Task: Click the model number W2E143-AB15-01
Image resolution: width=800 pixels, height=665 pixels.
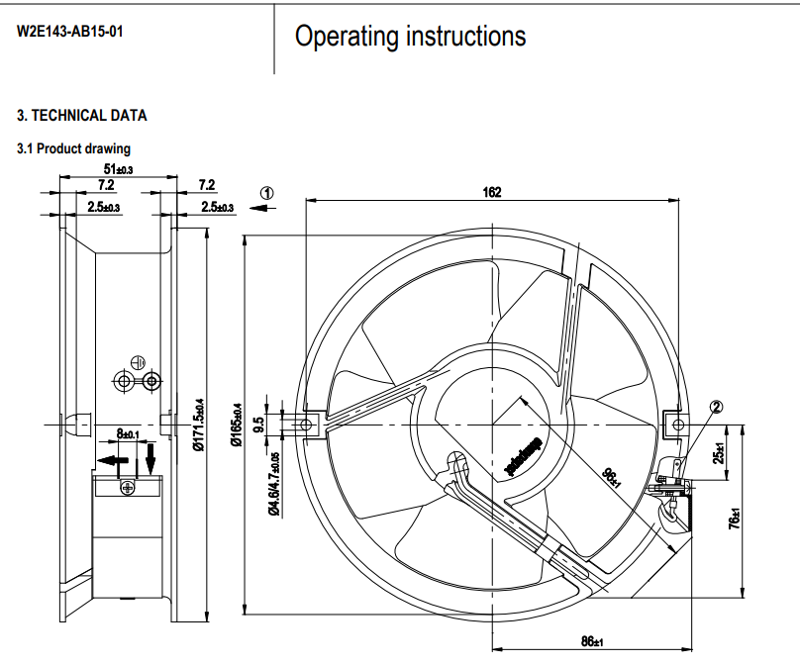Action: coord(69,30)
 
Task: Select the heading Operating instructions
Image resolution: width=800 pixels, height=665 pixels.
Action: coord(410,37)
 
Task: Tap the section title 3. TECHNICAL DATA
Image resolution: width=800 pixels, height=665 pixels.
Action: coord(82,116)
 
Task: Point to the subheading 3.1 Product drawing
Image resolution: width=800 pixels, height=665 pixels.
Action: coord(73,148)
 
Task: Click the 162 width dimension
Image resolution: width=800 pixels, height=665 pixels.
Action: coord(492,192)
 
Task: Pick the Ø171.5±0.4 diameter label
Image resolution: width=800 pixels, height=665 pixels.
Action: coord(199,425)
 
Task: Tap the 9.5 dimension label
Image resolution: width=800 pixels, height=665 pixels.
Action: coord(259,425)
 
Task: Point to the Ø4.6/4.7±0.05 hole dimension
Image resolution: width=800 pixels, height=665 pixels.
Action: coord(273,483)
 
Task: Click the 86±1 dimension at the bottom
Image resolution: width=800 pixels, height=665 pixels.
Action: coord(590,642)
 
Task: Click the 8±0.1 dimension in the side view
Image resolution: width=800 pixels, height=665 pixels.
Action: coord(127,433)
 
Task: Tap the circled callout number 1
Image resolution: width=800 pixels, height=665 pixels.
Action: coord(266,192)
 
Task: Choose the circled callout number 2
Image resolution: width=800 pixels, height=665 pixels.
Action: coord(716,406)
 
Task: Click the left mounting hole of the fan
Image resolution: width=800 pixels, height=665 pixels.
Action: coord(308,425)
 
